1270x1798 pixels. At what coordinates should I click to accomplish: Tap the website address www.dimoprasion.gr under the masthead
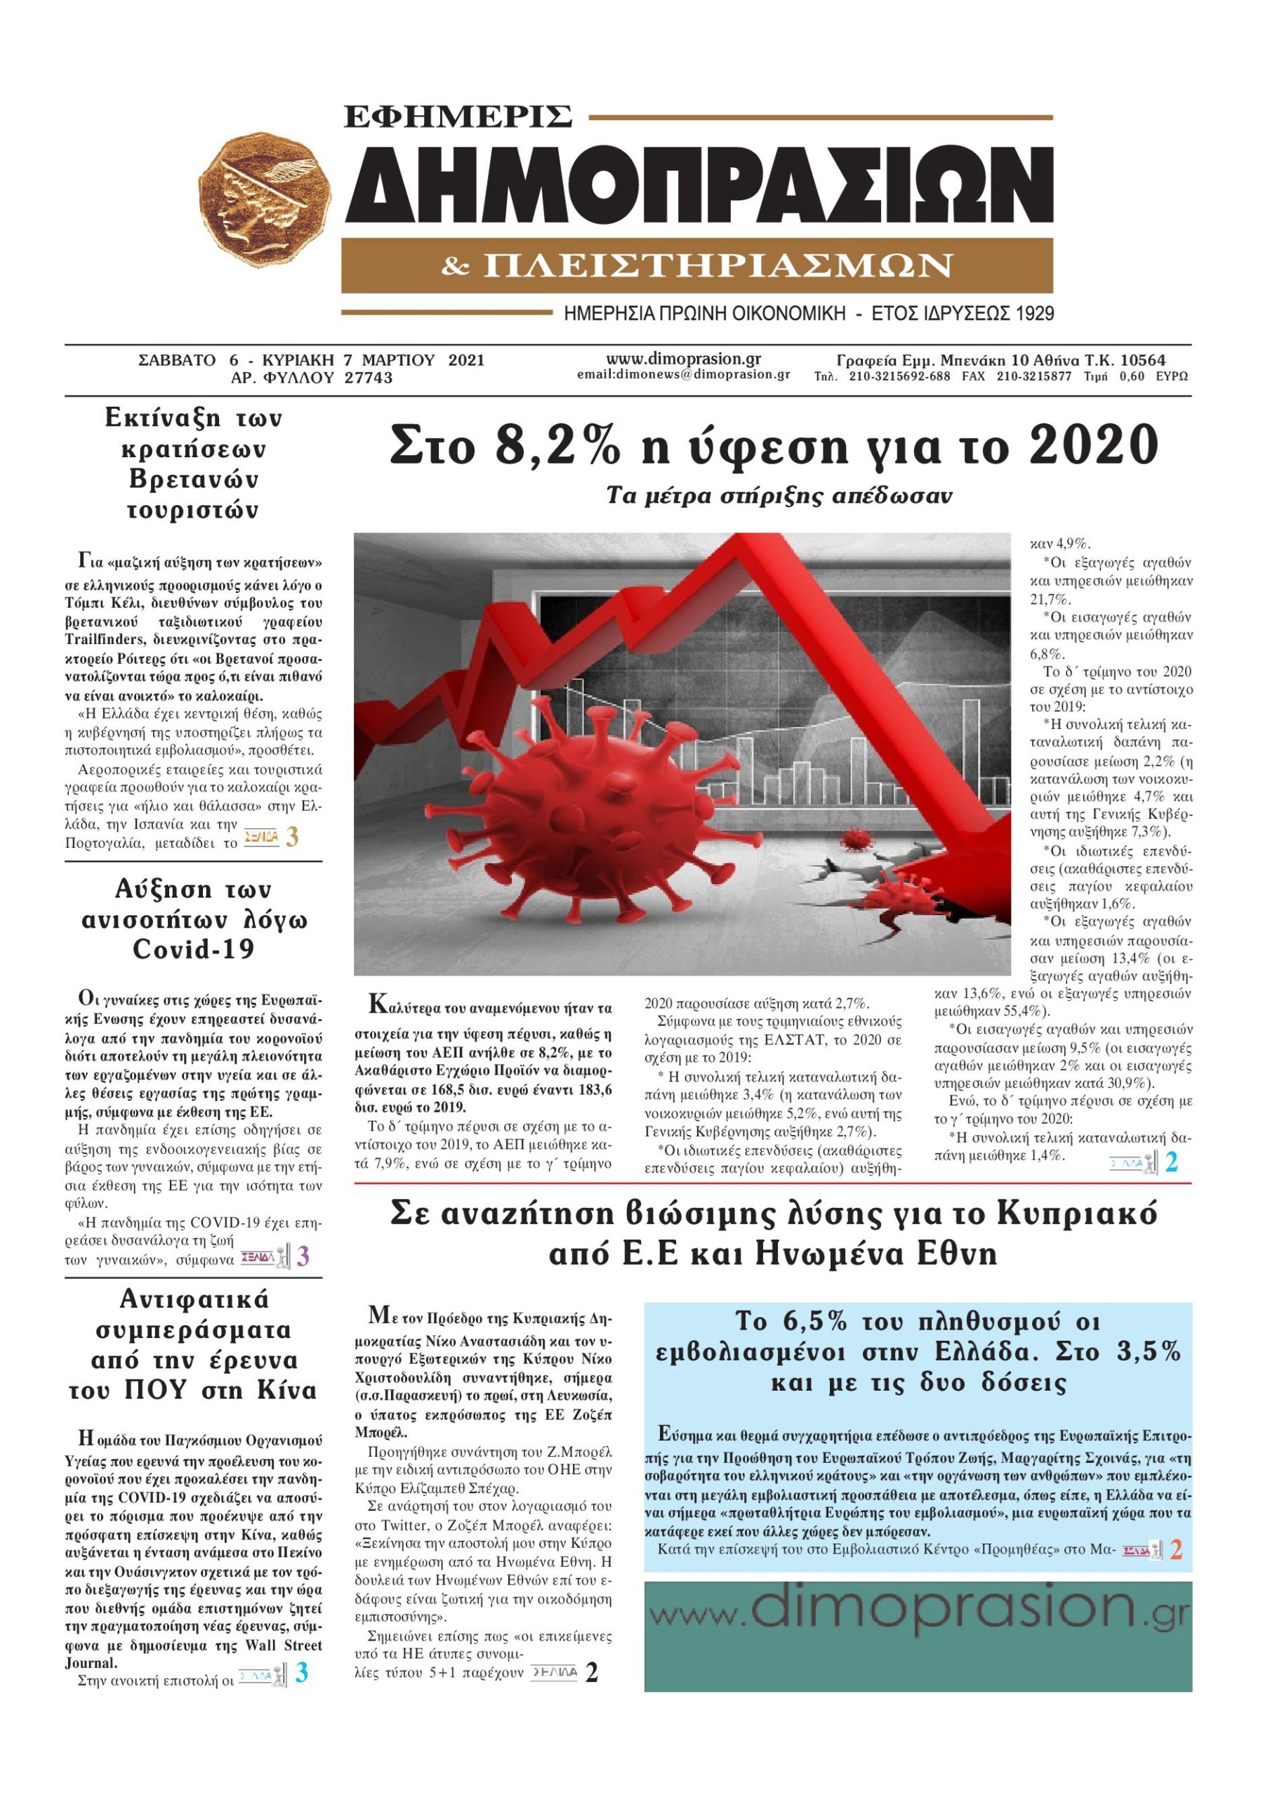pos(684,359)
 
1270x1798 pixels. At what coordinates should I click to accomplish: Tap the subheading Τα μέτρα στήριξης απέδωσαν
pos(779,496)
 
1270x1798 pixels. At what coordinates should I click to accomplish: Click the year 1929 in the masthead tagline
pos(1031,315)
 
